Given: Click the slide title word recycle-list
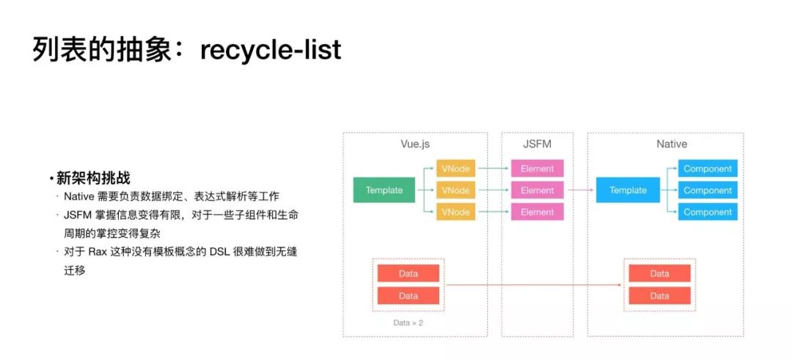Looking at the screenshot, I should pyautogui.click(x=271, y=49).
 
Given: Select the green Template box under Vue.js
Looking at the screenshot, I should pyautogui.click(x=384, y=190).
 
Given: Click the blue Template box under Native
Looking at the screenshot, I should pyautogui.click(x=628, y=190).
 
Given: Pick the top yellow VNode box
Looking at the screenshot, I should pyautogui.click(x=455, y=169).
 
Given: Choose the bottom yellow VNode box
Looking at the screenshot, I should pyautogui.click(x=455, y=212).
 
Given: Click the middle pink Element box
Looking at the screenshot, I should pyautogui.click(x=538, y=190).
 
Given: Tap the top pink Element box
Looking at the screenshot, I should pyautogui.click(x=538, y=169).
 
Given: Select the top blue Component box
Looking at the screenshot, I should pyautogui.click(x=708, y=169).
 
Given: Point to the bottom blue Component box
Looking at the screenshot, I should pyautogui.click(x=708, y=212).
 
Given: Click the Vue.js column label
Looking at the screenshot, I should pyautogui.click(x=414, y=144).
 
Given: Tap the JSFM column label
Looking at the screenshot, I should pyautogui.click(x=537, y=144).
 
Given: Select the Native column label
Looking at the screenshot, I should pyautogui.click(x=671, y=144).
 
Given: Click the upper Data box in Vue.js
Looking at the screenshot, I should pyautogui.click(x=408, y=273).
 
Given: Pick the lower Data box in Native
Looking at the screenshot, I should pyautogui.click(x=659, y=295).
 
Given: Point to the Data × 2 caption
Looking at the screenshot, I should pyautogui.click(x=408, y=323).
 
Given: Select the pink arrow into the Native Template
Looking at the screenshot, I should pyautogui.click(x=579, y=190).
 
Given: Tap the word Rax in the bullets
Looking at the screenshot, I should pyautogui.click(x=99, y=251).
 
